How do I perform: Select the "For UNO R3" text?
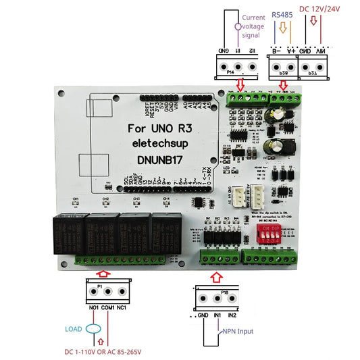162,128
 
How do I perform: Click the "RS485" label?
282,14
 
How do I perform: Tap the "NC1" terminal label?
121,309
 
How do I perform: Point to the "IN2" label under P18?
232,315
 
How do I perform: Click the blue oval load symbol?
95,330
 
